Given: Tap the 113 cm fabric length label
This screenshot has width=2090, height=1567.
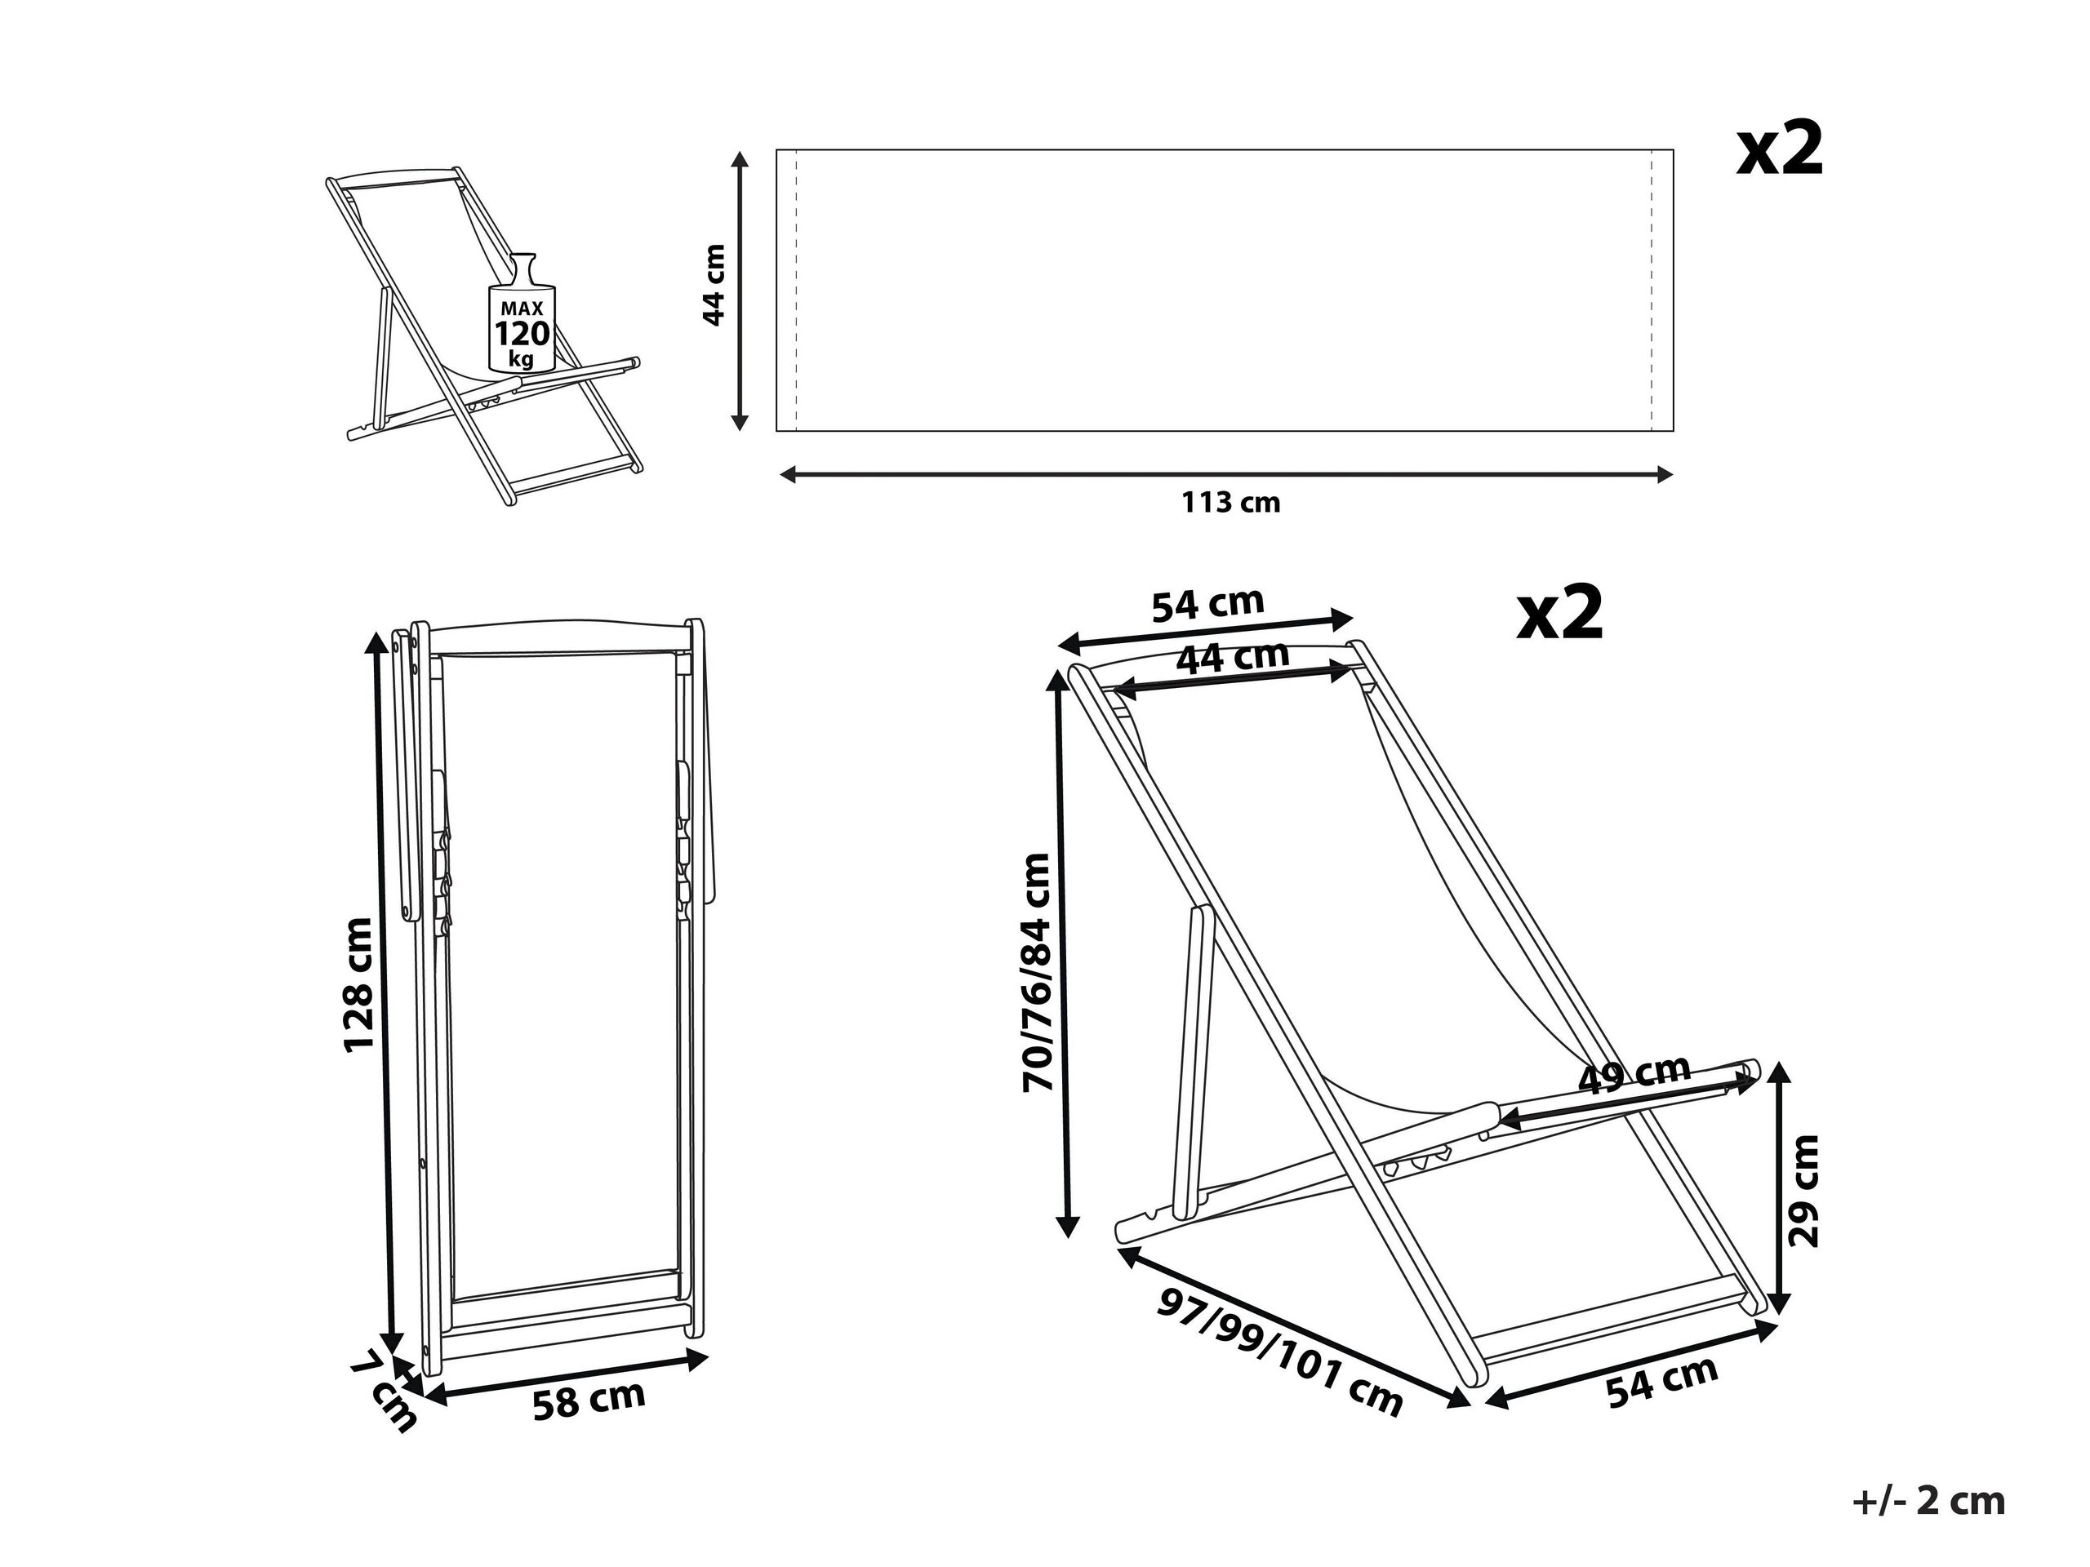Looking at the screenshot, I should tap(1230, 503).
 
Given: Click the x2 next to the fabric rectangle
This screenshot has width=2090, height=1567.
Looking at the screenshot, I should tap(1779, 152).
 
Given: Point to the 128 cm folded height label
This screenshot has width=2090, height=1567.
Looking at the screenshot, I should tap(359, 984).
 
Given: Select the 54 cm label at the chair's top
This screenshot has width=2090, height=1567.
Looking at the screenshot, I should tap(1207, 605).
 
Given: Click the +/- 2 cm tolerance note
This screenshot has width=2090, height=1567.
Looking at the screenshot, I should tap(1928, 1501).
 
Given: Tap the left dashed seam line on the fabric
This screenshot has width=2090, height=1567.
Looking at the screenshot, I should tap(797, 290).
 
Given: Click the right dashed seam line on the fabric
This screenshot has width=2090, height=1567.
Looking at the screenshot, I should tap(1652, 290).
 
